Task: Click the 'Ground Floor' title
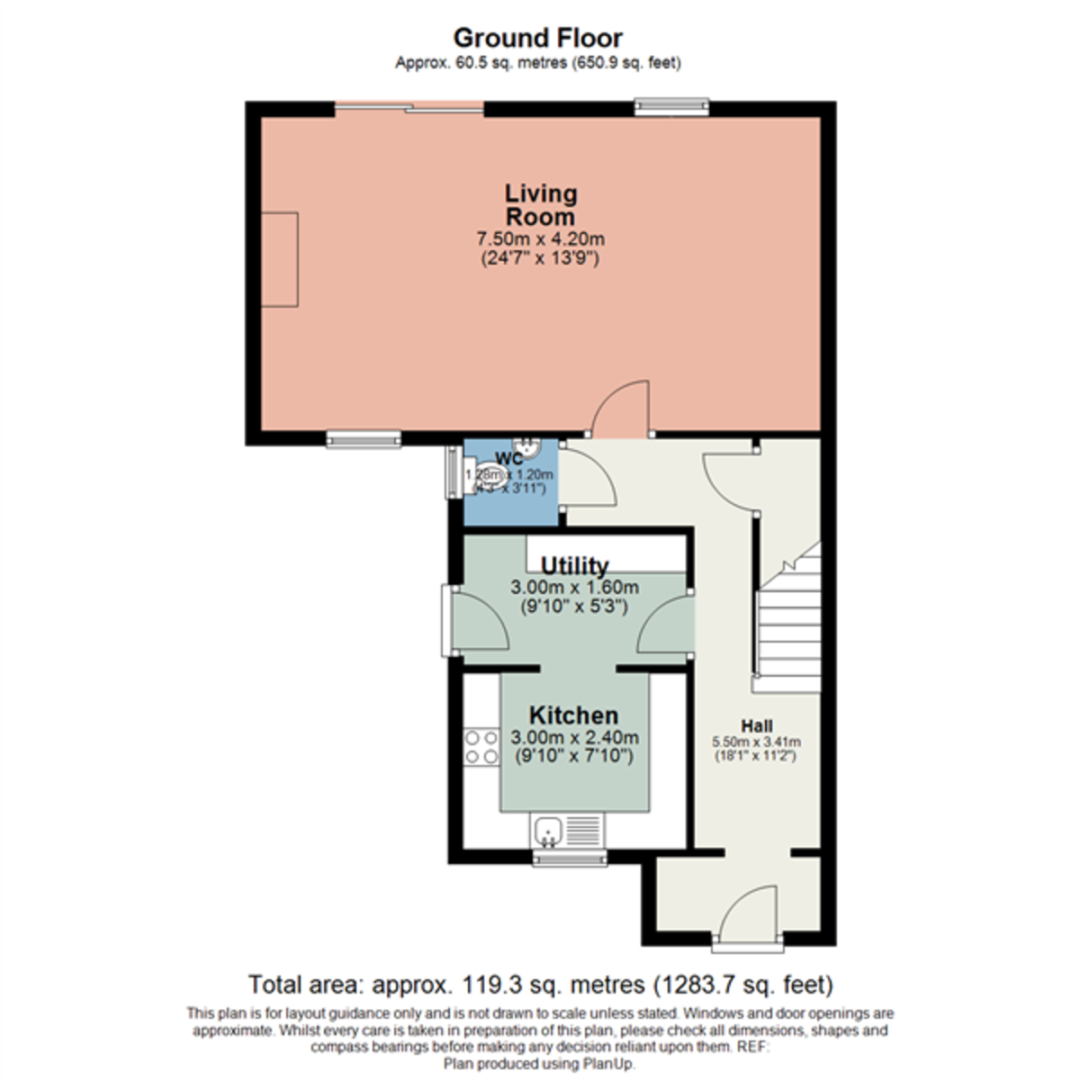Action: point(537,38)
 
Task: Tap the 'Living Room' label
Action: point(540,205)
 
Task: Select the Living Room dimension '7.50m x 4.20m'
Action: point(540,239)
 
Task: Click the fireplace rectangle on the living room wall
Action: point(279,259)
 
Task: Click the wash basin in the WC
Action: point(526,447)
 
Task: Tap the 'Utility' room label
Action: point(574,566)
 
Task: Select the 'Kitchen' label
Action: point(573,715)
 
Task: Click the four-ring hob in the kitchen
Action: point(481,747)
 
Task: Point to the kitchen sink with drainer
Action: point(566,829)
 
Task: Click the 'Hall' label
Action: point(756,725)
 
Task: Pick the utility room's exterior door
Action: point(478,621)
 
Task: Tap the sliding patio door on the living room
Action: point(409,108)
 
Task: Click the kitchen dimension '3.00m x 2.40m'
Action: point(574,737)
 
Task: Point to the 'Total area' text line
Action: point(540,983)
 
